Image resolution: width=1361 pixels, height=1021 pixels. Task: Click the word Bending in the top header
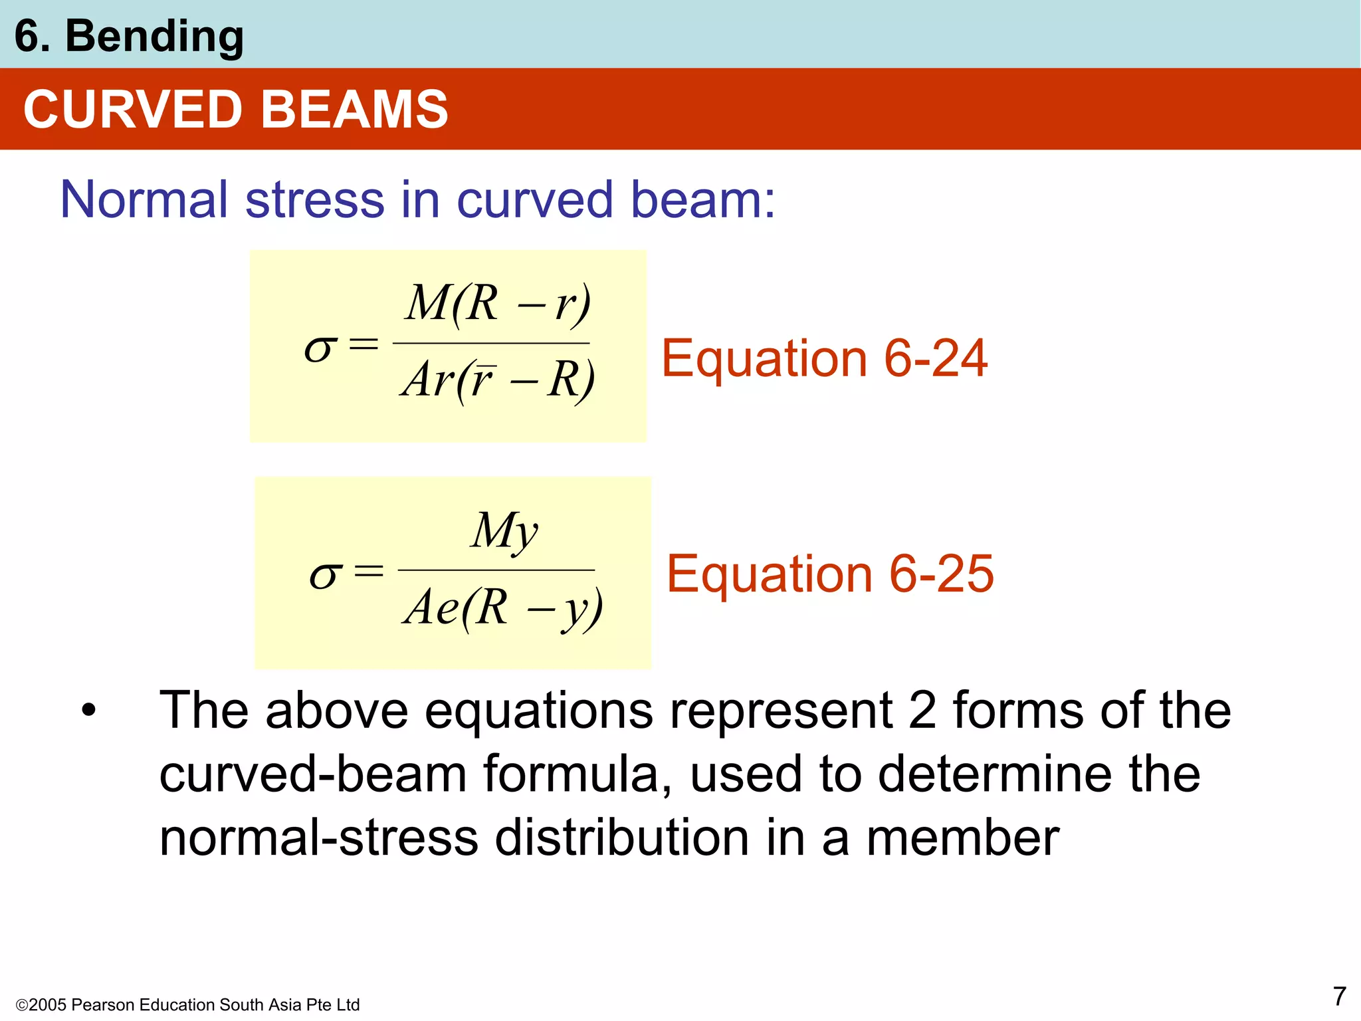pos(154,36)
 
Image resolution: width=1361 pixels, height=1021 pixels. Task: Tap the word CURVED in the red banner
pos(133,110)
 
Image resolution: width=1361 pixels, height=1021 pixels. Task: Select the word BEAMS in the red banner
pos(355,110)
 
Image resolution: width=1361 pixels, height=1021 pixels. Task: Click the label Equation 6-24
pos(824,358)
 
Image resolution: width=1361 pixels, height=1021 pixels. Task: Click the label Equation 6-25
pos(830,574)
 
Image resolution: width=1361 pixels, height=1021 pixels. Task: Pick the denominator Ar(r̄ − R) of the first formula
pos(497,380)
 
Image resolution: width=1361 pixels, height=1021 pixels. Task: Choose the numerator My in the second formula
pos(504,531)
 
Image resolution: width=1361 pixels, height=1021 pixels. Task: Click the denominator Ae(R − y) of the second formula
pos(502,608)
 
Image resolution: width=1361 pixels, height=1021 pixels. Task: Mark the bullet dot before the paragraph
pos(88,711)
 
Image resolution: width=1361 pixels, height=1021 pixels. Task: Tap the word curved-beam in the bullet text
pos(313,774)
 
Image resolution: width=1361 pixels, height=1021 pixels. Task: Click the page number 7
pos(1339,996)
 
